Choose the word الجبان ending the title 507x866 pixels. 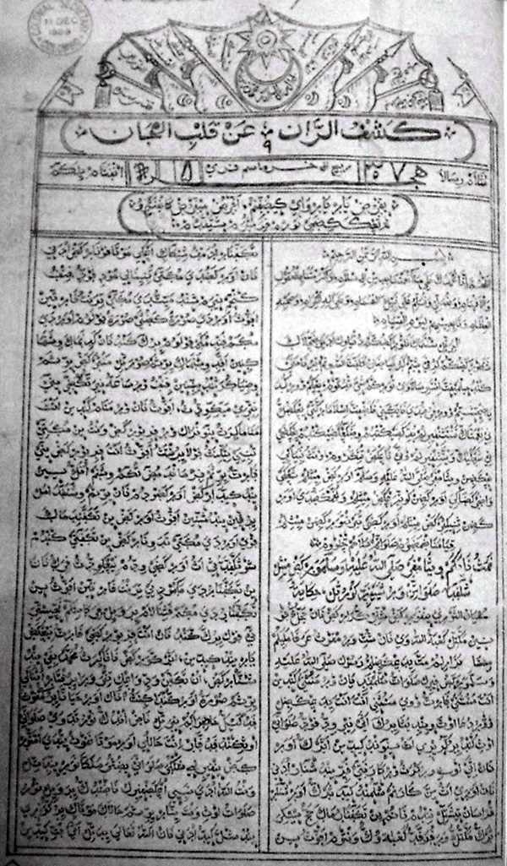[135, 132]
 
